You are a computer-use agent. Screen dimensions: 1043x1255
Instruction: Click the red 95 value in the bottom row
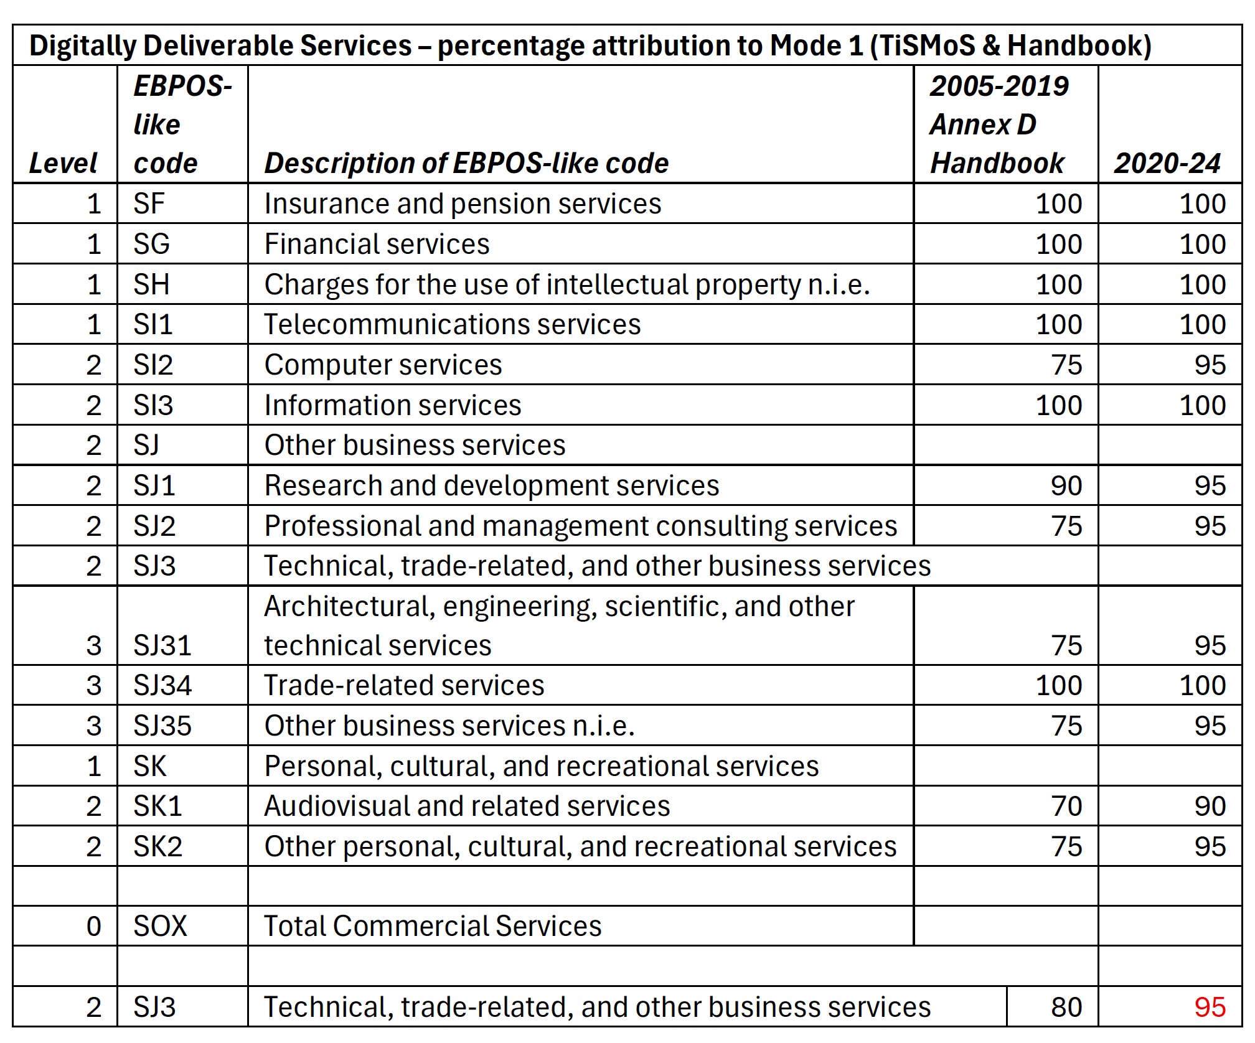click(1210, 1007)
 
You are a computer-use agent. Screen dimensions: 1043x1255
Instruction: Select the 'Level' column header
click(63, 163)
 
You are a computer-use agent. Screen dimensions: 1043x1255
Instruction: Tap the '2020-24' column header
click(1167, 163)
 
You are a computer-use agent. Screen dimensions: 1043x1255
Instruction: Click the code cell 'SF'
click(149, 204)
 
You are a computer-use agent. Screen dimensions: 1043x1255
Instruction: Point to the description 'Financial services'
click(377, 244)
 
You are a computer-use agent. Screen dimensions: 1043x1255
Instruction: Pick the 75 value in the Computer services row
click(1067, 365)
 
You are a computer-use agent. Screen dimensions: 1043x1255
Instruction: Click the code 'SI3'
click(153, 405)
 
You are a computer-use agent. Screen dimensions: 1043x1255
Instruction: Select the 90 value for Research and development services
click(1067, 485)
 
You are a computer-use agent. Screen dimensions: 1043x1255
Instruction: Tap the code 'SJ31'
click(162, 645)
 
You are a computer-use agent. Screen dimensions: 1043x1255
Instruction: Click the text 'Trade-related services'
click(404, 685)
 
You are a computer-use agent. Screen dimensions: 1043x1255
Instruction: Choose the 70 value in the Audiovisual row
click(1067, 806)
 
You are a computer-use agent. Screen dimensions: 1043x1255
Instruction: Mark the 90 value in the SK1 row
click(1210, 806)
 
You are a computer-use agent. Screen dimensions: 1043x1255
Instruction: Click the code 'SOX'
click(160, 926)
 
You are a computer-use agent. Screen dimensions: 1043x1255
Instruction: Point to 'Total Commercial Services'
click(433, 926)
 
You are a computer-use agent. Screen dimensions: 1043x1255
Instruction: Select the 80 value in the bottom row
click(1067, 1007)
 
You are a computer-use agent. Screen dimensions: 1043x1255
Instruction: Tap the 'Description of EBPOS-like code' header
click(466, 163)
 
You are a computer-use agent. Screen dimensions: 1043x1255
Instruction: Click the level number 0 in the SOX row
click(94, 926)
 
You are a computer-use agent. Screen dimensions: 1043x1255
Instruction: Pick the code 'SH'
click(151, 284)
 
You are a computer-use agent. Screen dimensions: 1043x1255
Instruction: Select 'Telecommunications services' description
click(452, 325)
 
